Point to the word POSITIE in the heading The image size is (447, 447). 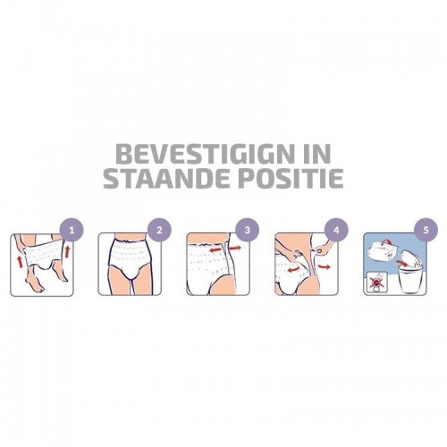click(x=291, y=179)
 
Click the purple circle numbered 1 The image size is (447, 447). click(x=72, y=231)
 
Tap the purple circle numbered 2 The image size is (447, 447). click(x=159, y=231)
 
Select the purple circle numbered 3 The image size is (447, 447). click(x=248, y=231)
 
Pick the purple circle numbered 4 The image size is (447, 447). click(x=336, y=231)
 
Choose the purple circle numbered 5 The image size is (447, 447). click(x=426, y=231)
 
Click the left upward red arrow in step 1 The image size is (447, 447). click(x=21, y=261)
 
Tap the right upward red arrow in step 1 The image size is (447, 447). click(x=68, y=252)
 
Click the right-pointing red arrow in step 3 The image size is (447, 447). click(x=236, y=248)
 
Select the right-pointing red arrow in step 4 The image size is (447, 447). click(x=324, y=267)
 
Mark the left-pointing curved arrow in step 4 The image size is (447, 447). click(x=293, y=269)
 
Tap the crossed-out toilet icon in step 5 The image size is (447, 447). click(x=375, y=283)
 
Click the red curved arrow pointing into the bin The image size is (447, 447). click(x=402, y=263)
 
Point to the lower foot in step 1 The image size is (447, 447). click(x=33, y=283)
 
